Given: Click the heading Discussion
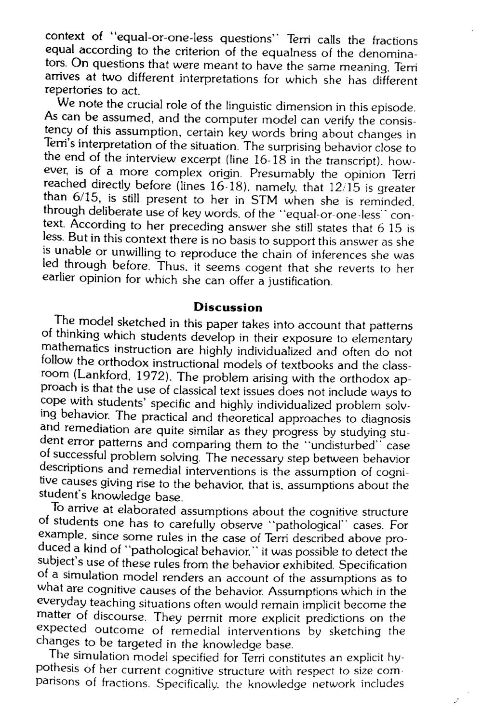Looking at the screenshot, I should (x=228, y=307).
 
